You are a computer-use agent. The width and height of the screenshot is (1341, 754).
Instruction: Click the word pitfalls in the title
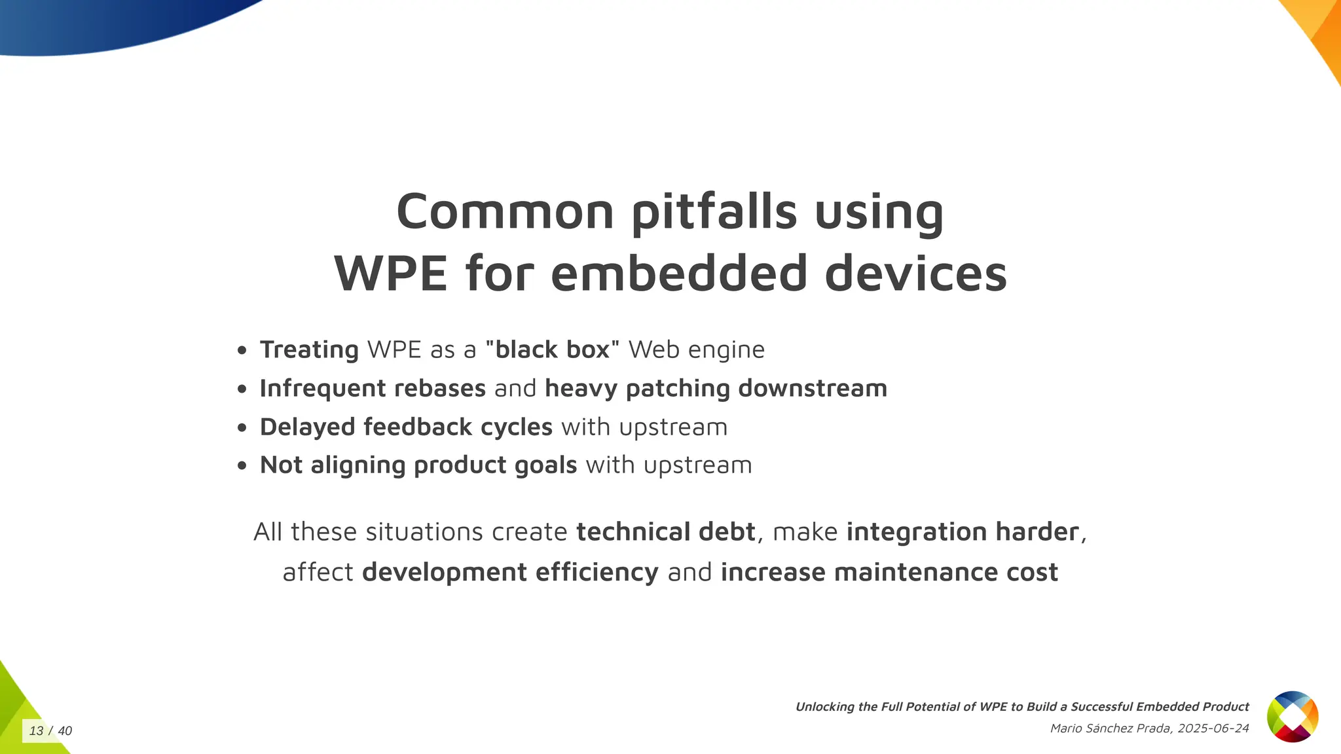[x=714, y=212]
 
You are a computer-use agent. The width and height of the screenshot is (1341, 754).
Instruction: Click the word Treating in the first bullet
[x=309, y=350]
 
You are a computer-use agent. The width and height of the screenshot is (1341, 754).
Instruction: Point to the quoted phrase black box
[x=552, y=350]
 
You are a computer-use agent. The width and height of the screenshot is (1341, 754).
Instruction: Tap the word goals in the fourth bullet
[x=545, y=465]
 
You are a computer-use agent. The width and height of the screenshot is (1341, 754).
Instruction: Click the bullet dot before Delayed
[x=242, y=427]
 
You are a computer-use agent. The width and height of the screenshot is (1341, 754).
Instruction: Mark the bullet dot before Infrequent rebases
[x=242, y=389]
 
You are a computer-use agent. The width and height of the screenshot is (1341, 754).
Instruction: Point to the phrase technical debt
[x=665, y=531]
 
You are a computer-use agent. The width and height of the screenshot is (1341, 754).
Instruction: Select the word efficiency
[x=597, y=572]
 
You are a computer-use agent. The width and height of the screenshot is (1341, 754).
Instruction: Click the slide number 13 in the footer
[x=36, y=731]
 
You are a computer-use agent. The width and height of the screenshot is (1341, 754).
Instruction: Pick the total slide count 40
[x=65, y=731]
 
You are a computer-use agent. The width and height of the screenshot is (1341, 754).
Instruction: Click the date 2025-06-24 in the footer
[x=1213, y=728]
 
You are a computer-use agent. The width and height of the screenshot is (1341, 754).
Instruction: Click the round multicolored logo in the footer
[x=1292, y=717]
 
